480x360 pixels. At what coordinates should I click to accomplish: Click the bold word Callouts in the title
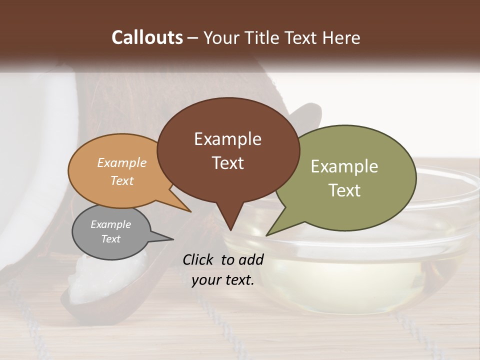click(147, 37)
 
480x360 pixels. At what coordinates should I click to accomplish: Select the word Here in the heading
click(341, 38)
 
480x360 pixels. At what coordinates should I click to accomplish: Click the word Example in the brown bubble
click(227, 139)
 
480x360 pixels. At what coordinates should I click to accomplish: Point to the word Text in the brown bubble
click(227, 163)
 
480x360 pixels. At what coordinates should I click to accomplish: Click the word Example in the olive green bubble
click(344, 166)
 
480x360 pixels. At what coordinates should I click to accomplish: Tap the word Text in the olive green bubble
click(344, 190)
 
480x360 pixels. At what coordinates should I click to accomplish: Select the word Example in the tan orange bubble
click(121, 162)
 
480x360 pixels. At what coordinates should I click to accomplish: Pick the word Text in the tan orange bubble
click(121, 180)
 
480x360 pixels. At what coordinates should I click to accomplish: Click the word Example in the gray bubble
click(110, 224)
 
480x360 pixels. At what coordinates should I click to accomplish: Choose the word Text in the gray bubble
click(110, 239)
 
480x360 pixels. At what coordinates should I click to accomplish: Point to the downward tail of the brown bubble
click(230, 220)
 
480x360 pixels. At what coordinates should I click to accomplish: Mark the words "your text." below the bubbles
click(223, 280)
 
